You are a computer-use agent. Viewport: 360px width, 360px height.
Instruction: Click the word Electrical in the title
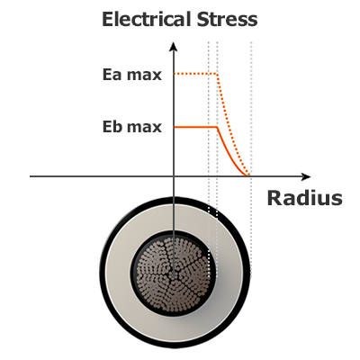pos(147,19)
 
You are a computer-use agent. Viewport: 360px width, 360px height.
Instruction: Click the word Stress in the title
pos(227,19)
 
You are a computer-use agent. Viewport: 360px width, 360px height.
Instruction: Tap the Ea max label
pos(132,75)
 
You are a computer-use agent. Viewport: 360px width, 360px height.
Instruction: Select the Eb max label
pos(132,127)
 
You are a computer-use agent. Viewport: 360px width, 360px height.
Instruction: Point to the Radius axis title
pos(304,198)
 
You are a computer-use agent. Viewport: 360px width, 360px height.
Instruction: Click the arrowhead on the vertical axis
pos(174,47)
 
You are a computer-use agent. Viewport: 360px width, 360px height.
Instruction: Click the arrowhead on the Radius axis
pos(306,176)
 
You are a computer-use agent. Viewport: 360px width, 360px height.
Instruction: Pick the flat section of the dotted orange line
pos(195,74)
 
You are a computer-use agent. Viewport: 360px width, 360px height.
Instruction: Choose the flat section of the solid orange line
pos(195,127)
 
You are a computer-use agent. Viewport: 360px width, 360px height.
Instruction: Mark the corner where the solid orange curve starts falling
pos(217,127)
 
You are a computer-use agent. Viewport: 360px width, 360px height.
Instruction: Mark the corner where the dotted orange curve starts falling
pos(217,74)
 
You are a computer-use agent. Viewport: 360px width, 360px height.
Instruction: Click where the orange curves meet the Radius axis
pos(247,175)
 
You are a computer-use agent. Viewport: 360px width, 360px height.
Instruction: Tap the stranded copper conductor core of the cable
pos(174,274)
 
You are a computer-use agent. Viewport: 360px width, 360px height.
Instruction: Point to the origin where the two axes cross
pos(174,176)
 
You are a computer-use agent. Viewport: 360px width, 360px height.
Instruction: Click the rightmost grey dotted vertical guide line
pos(251,159)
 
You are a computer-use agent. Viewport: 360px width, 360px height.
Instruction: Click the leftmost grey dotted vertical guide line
pos(209,159)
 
